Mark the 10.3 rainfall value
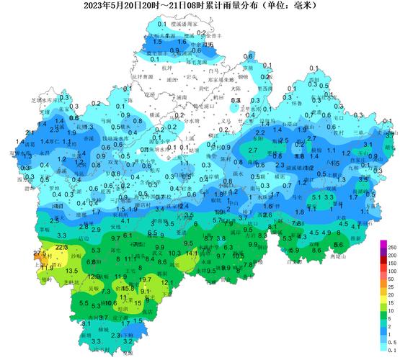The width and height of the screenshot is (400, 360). (x=174, y=253)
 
